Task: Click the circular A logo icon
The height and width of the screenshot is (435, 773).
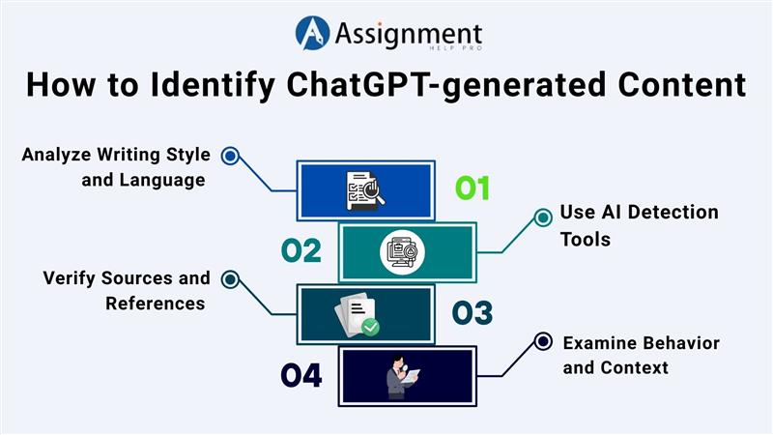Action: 313,33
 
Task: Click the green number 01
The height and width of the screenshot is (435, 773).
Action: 472,188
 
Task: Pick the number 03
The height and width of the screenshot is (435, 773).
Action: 472,313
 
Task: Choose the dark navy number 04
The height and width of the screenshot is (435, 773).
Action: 301,375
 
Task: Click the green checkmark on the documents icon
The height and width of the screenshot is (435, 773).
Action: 370,327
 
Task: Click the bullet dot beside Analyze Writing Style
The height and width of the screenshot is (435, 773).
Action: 230,155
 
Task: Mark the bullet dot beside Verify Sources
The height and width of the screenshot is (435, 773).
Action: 230,279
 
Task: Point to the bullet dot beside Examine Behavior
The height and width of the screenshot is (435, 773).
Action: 543,341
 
